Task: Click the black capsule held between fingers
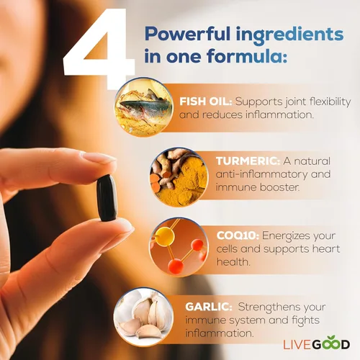click(106, 197)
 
